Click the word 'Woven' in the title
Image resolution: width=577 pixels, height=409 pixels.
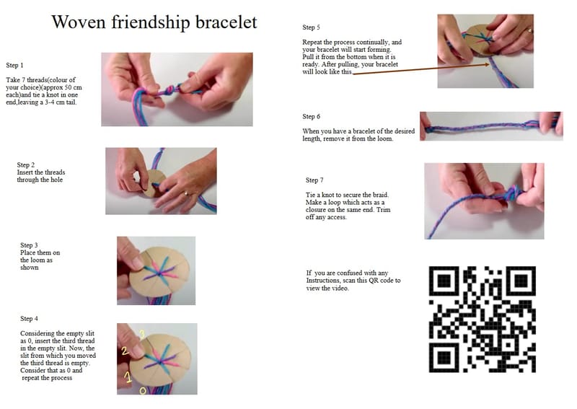(79, 22)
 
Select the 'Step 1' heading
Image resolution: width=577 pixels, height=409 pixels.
(14, 65)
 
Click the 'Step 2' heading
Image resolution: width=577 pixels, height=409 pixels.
(26, 164)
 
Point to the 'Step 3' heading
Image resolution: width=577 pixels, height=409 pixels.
(29, 245)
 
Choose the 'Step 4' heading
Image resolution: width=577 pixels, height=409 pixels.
(29, 318)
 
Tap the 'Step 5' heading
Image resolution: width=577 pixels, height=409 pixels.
(312, 27)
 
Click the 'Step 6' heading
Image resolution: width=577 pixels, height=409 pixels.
(312, 116)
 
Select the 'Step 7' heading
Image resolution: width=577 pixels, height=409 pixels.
(314, 180)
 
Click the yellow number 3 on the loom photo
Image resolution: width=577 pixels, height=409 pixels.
(142, 334)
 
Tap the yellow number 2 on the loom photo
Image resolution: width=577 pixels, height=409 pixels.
(125, 351)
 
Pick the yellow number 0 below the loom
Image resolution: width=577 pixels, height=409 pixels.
(143, 390)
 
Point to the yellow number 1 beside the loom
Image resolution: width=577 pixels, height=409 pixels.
(128, 377)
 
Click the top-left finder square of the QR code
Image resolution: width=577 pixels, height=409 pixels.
(444, 281)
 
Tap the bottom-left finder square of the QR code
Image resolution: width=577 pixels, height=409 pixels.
(444, 357)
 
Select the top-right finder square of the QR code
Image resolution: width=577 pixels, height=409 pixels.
(520, 281)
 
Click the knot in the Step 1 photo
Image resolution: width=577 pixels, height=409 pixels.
(170, 90)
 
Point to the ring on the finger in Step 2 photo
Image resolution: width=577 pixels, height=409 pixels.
(187, 193)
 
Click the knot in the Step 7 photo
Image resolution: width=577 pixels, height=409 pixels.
(512, 193)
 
